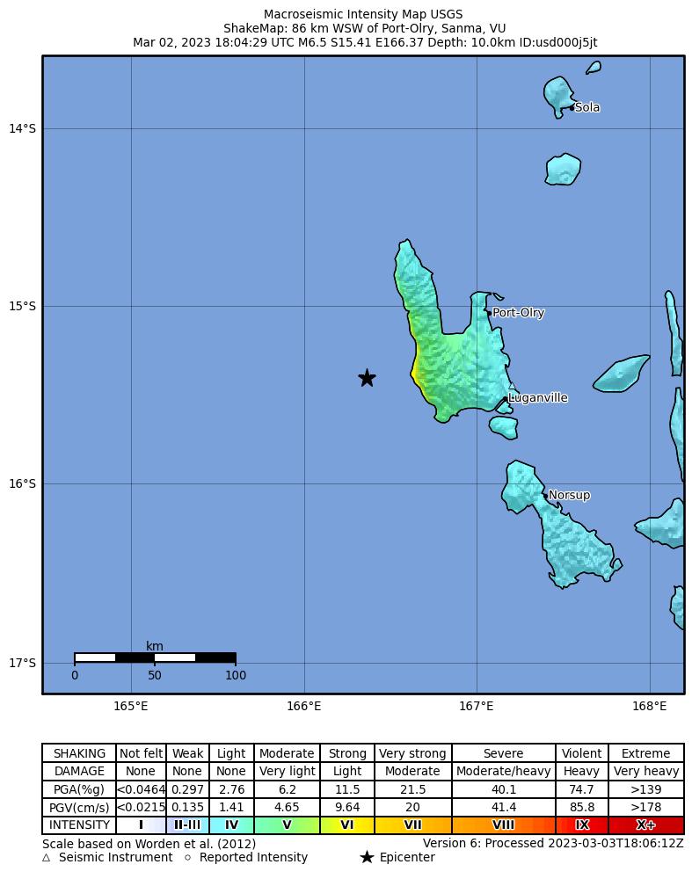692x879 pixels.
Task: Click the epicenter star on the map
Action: (367, 378)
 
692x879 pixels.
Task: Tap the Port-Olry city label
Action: (518, 313)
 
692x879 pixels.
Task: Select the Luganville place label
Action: (538, 398)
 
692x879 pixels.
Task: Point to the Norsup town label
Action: (569, 496)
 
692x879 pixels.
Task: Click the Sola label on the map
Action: (587, 108)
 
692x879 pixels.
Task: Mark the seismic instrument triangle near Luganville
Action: (512, 386)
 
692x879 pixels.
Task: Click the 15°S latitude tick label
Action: (22, 307)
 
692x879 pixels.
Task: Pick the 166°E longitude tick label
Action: (304, 706)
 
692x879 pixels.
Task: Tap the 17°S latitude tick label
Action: (22, 663)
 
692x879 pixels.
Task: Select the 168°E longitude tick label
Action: (650, 706)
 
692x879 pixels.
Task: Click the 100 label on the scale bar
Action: (236, 676)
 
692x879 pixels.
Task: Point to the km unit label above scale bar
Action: (155, 647)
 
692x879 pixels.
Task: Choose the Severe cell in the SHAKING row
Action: (503, 753)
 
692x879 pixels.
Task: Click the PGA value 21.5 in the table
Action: (412, 789)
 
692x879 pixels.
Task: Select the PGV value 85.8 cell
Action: (581, 807)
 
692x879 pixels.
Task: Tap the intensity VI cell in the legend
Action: (347, 825)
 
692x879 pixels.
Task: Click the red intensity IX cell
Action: (581, 825)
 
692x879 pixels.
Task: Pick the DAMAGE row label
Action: (79, 772)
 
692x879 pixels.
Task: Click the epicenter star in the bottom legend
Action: (367, 858)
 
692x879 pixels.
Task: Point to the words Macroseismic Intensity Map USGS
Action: (363, 15)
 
